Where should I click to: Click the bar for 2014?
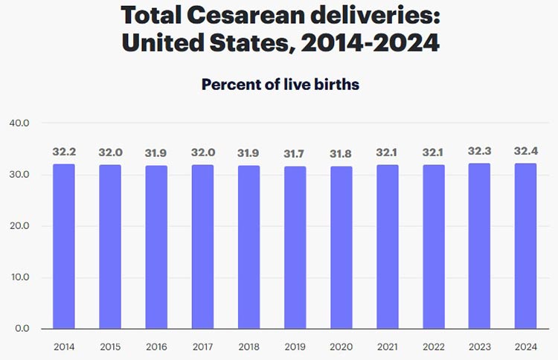[x=64, y=246]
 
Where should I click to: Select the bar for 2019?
[x=295, y=247]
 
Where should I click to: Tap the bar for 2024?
[x=525, y=246]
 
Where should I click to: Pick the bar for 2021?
[x=387, y=246]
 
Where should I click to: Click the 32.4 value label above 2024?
[x=525, y=151]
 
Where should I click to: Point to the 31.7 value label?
[x=295, y=152]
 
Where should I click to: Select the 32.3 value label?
[x=479, y=151]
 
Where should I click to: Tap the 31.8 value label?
[x=341, y=152]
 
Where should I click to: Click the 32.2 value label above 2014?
[x=64, y=152]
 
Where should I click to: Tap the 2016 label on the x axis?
[x=156, y=346]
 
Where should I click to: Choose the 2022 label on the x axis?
[x=433, y=346]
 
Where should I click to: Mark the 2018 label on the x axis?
[x=248, y=346]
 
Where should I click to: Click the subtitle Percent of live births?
[x=280, y=85]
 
